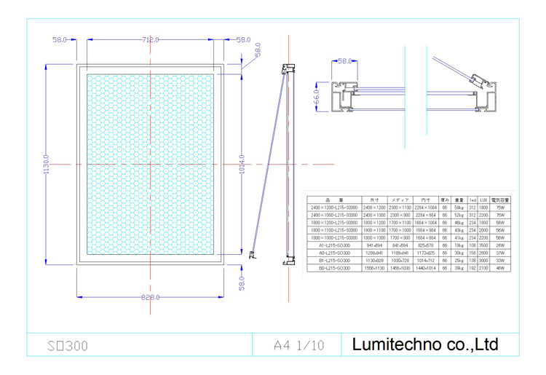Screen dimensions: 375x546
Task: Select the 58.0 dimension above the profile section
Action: pos(345,62)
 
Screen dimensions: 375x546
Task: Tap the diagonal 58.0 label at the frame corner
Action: pos(256,51)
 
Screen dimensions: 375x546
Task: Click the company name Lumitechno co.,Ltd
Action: pos(425,344)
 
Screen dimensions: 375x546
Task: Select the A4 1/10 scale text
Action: pos(299,344)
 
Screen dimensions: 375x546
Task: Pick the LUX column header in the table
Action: pos(483,199)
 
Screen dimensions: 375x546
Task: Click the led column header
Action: pos(472,199)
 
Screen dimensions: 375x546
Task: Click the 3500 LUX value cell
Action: pos(483,245)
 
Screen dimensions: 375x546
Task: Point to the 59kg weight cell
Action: pos(459,207)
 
